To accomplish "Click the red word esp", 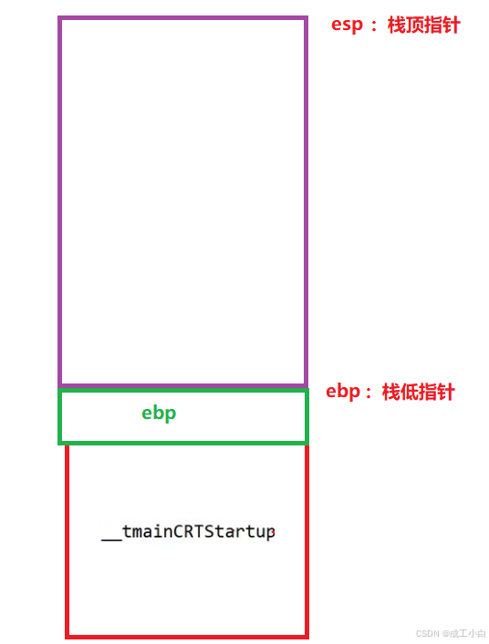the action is [x=347, y=26].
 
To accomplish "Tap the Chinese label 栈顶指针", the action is [x=423, y=26].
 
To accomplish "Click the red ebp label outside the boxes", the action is [x=343, y=393].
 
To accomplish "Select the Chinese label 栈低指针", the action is [x=418, y=392].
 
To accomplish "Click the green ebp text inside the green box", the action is [x=159, y=414].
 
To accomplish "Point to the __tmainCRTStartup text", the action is [x=188, y=532].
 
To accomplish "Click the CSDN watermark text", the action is [x=428, y=633].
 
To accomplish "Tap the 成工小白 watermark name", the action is [x=468, y=633].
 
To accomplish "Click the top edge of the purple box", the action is [x=183, y=18].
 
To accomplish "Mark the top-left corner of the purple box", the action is [x=60, y=18].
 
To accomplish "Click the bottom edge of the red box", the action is [x=187, y=637].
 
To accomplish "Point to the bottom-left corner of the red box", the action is [x=68, y=637].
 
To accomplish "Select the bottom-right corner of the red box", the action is [x=307, y=637].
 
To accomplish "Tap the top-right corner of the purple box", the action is [x=306, y=18].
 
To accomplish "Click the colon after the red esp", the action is [x=374, y=26].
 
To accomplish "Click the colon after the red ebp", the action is [x=369, y=394].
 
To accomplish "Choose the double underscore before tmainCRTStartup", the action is [x=111, y=539].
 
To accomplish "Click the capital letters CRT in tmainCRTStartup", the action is [x=188, y=531].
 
